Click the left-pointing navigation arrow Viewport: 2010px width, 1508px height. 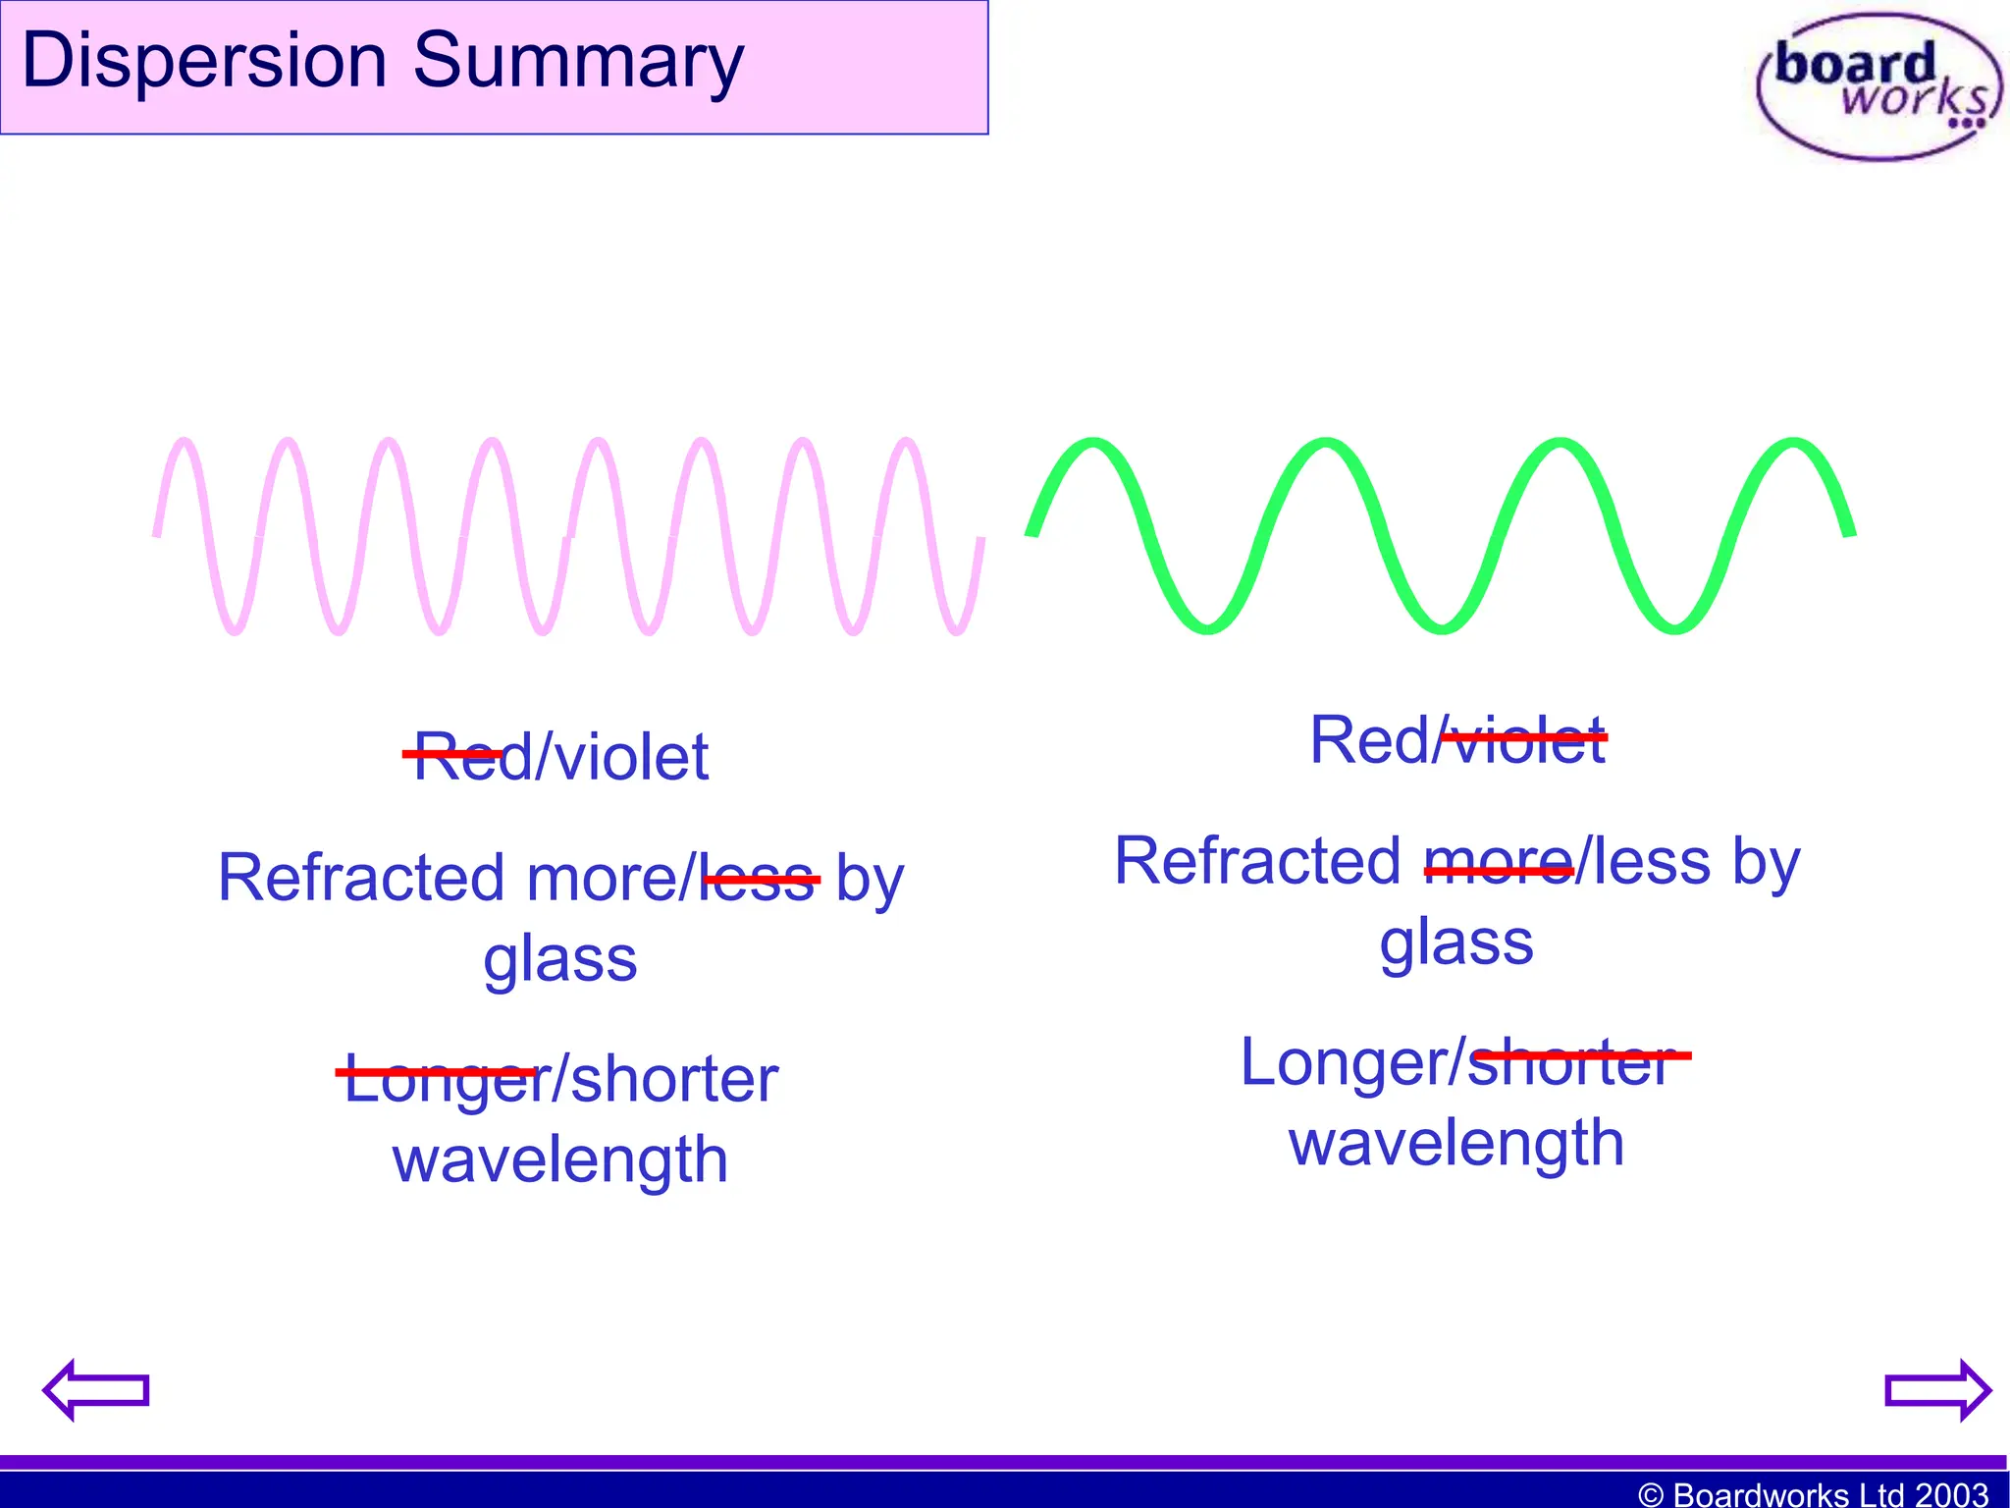tap(95, 1389)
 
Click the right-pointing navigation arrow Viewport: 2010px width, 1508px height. tap(1937, 1389)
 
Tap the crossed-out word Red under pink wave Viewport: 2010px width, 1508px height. tap(457, 756)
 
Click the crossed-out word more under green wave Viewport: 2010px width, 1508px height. tap(1498, 861)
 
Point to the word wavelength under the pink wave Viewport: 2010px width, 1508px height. tap(559, 1159)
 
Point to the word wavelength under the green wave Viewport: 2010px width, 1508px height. tap(1456, 1143)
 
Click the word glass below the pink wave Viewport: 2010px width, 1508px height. tap(559, 960)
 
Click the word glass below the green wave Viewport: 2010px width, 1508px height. tap(1456, 943)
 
